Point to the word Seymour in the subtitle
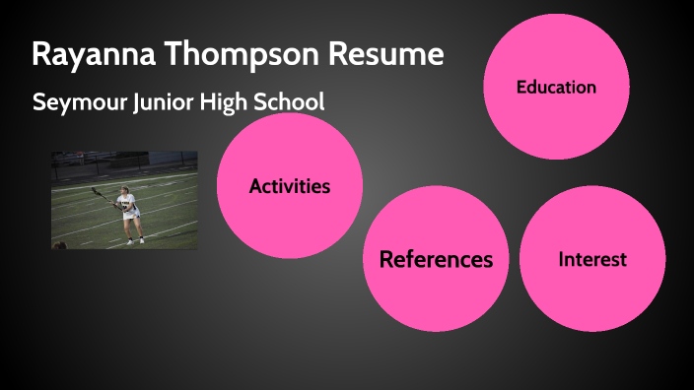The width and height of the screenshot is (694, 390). [x=74, y=101]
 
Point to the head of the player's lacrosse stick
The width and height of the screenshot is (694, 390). [x=96, y=190]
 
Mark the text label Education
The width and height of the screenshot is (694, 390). [x=556, y=87]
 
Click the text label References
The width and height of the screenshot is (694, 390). [x=436, y=260]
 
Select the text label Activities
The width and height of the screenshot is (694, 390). [x=289, y=185]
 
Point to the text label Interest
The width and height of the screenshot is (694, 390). [x=591, y=260]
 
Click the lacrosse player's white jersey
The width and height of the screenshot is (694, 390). [x=127, y=204]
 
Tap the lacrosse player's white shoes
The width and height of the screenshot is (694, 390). [x=133, y=240]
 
